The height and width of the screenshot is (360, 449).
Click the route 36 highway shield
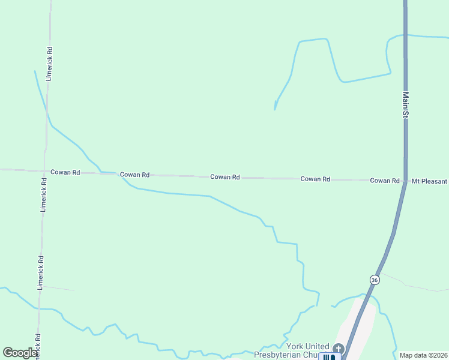375,280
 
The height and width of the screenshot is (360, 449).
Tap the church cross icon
338,349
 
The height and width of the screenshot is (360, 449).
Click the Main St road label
406,104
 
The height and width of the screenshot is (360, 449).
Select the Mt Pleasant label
429,181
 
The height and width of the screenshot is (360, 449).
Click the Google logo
20,352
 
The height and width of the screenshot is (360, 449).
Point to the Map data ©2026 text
423,355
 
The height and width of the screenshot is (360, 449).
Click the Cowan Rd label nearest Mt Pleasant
385,181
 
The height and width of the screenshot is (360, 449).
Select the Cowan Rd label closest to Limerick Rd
65,172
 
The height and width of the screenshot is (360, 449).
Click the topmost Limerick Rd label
50,64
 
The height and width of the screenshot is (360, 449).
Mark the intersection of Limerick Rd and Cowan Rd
44,170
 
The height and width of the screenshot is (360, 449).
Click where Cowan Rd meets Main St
406,181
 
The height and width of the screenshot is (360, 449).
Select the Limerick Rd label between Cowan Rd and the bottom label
41,272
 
